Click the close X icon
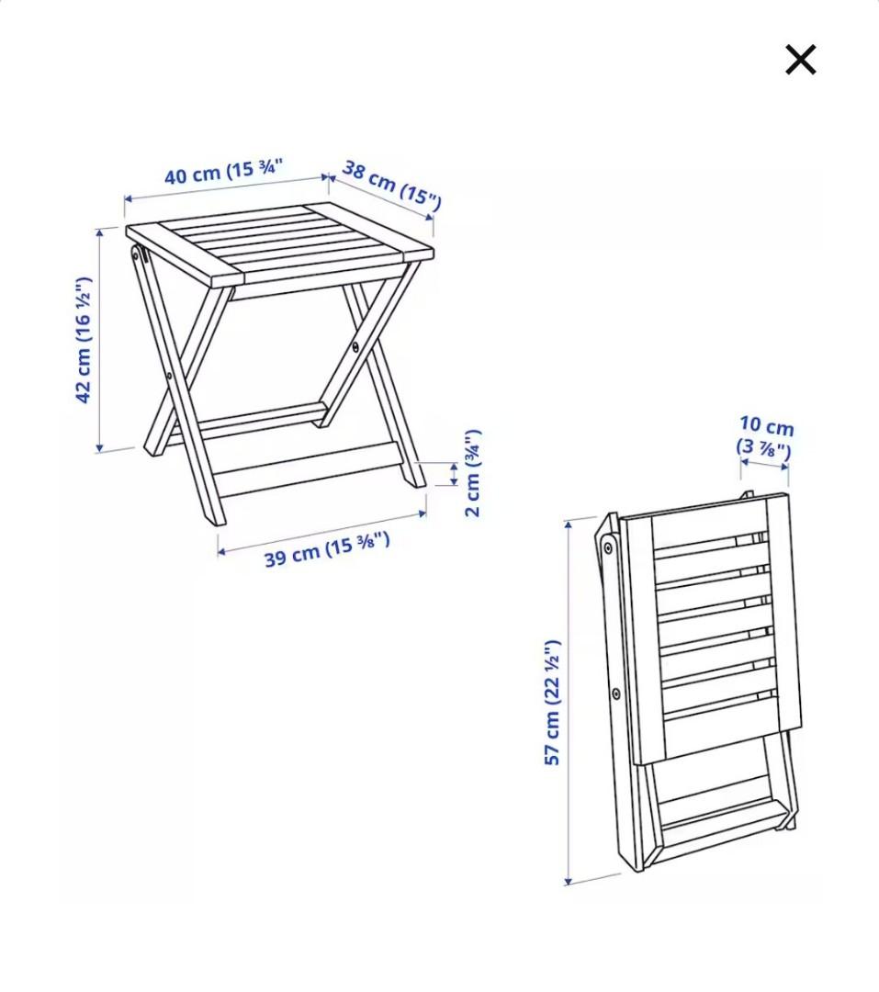pos(800,61)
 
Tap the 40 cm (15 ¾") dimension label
pos(223,172)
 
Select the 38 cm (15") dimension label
pos(391,184)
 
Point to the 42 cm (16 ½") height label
pos(84,340)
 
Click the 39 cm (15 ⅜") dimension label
pos(327,548)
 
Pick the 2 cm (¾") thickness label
pos(472,473)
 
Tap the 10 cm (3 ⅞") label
pos(765,437)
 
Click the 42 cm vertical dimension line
pos(99,340)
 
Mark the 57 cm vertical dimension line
pos(569,703)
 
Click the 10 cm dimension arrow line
pos(764,464)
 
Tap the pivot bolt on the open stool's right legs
pos(355,346)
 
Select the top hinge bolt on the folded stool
pos(608,548)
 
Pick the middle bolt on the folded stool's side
pos(615,693)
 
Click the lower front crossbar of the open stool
pos(308,468)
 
